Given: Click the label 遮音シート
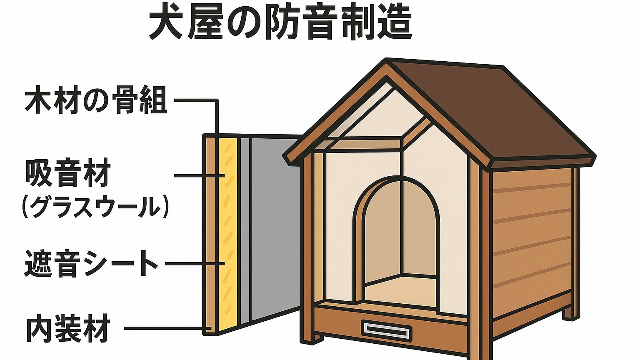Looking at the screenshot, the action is coord(91,263).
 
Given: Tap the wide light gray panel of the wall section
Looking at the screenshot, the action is coord(274,229).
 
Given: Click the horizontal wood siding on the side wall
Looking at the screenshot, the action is coord(531,243).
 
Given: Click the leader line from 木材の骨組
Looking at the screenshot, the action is coord(217,114).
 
